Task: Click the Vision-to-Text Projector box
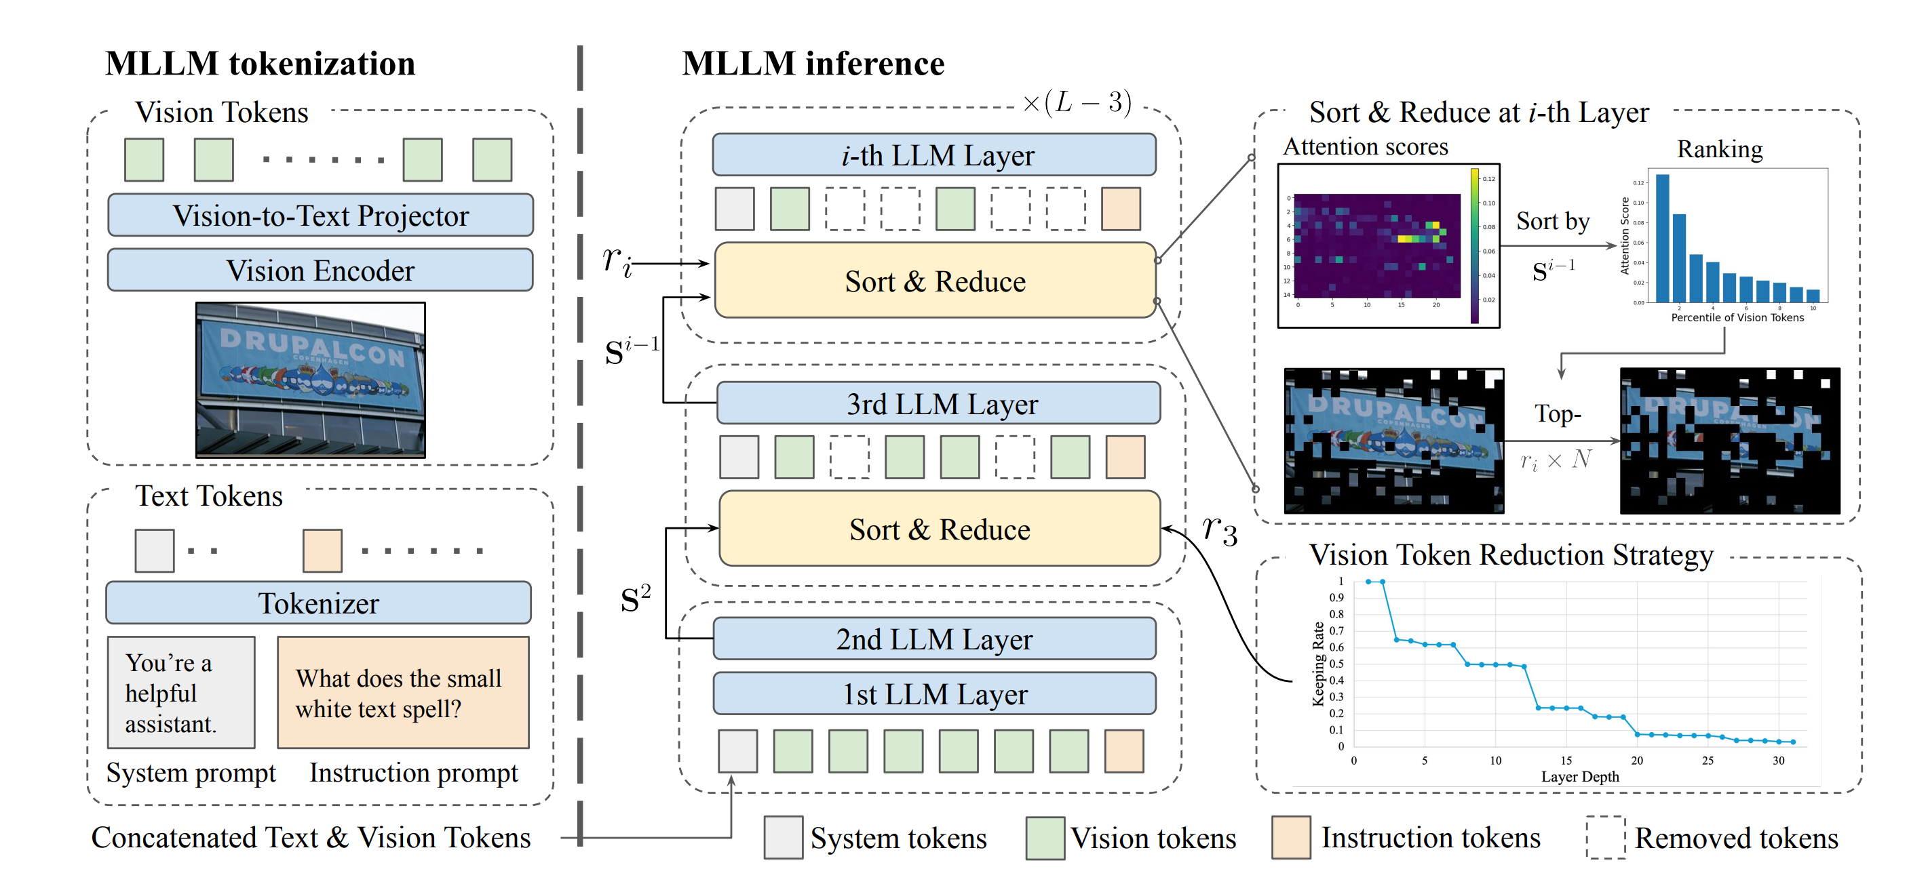[320, 216]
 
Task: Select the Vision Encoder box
[320, 270]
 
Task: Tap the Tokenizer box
[319, 603]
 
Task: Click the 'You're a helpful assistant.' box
[181, 693]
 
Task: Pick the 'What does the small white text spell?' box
[403, 693]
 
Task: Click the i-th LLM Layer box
[934, 155]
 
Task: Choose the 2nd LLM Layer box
[934, 639]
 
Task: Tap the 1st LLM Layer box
[934, 693]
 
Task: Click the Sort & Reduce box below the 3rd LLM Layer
[940, 529]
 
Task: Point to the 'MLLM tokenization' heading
[260, 64]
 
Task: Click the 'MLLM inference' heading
[813, 64]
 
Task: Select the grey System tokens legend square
[783, 837]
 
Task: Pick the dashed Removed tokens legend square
[1605, 837]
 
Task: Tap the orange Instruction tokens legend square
[1291, 837]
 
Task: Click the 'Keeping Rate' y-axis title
[1318, 664]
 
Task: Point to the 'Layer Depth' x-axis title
[1579, 777]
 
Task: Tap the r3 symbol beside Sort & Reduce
[1219, 529]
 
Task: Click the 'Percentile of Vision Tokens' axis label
[1737, 318]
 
